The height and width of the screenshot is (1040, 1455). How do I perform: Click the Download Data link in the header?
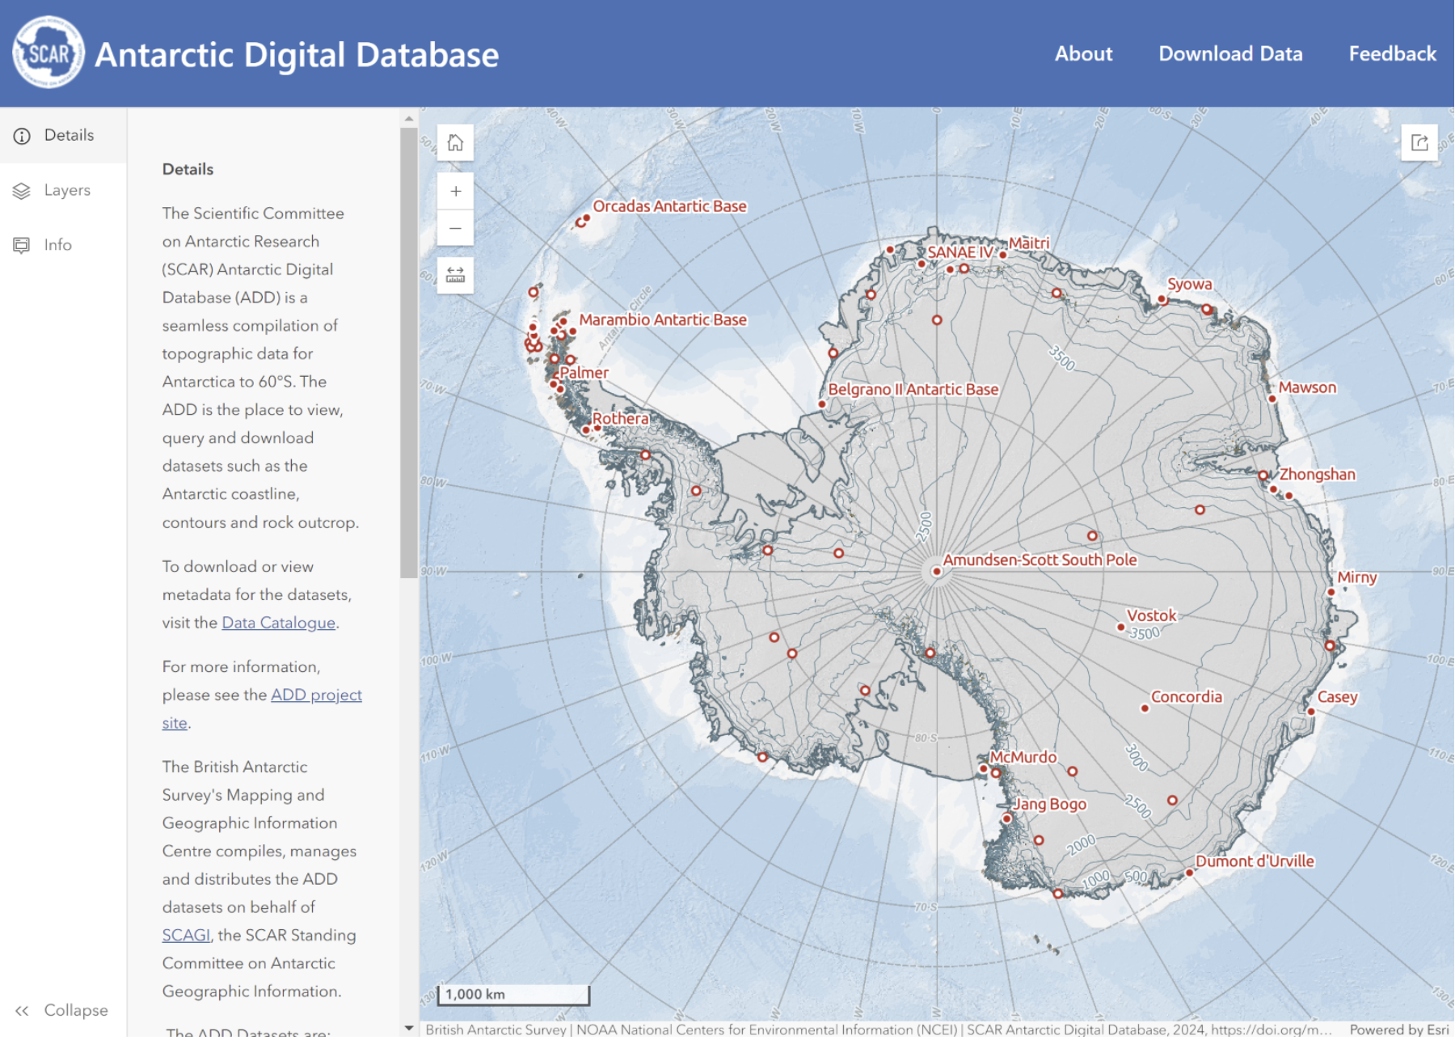coord(1229,54)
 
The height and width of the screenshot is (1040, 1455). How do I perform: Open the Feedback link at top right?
coord(1391,54)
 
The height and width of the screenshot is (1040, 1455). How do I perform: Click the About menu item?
coord(1083,54)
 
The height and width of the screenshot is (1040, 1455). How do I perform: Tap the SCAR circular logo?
coord(48,53)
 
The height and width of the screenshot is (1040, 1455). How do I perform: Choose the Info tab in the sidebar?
coord(57,245)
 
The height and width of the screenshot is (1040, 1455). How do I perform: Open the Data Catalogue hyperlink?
coord(278,623)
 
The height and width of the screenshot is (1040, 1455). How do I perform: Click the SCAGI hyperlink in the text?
coord(185,936)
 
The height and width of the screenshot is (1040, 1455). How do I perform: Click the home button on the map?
coord(455,143)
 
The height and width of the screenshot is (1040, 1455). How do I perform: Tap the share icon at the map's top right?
coord(1419,143)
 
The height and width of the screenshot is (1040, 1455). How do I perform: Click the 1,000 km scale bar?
coord(512,995)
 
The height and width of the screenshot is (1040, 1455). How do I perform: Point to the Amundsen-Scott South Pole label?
coord(1039,560)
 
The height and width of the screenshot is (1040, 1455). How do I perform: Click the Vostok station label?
coord(1151,616)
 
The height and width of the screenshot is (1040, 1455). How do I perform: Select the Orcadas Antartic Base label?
coord(669,206)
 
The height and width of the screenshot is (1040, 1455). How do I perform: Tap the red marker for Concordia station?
coord(1145,708)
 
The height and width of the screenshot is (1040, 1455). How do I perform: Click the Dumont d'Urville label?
coord(1255,862)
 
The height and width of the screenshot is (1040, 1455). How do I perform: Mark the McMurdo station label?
coord(1023,758)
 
